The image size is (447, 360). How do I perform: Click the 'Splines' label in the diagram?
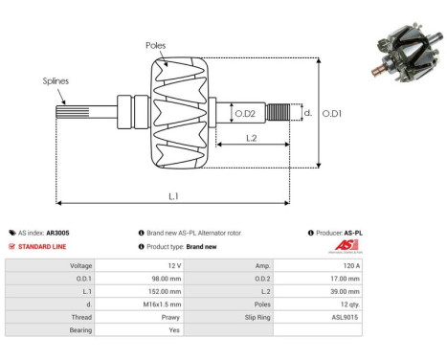56,81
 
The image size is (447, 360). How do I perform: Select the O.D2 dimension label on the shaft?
246,114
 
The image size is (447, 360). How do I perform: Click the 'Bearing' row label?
79,327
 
